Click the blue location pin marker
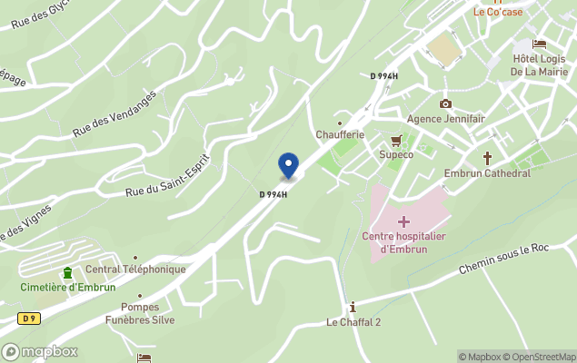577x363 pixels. click(x=288, y=166)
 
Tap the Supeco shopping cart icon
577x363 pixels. click(x=396, y=140)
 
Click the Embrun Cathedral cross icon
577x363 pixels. click(x=487, y=157)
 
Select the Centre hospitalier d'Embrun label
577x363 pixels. click(x=403, y=243)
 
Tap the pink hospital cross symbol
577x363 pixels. click(x=403, y=221)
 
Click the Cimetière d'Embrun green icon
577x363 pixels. click(x=67, y=273)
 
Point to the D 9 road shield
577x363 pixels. click(x=29, y=318)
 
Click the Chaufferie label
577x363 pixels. click(x=340, y=134)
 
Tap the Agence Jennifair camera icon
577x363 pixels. click(x=445, y=103)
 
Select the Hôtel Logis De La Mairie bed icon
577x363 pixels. click(x=540, y=44)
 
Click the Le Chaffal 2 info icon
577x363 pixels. click(x=353, y=307)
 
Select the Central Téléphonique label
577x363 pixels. click(x=135, y=270)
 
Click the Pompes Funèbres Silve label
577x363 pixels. click(x=140, y=313)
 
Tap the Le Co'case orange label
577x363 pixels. click(x=499, y=12)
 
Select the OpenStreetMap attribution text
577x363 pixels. click(x=542, y=357)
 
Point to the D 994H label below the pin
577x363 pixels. click(x=273, y=194)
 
